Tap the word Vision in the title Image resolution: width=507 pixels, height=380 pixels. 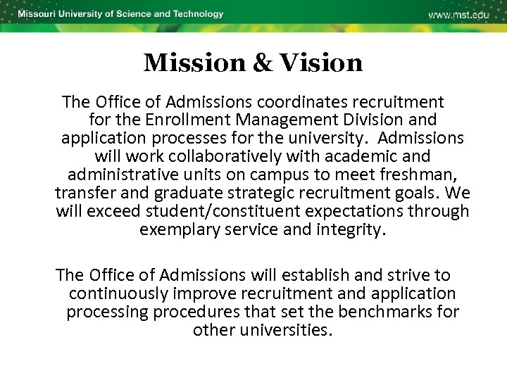pos(320,63)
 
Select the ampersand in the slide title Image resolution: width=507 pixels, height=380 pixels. pos(261,63)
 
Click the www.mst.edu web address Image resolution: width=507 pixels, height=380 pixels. pos(458,15)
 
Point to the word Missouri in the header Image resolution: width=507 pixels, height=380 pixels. pos(39,14)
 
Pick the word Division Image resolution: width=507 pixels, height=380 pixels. pos(357,120)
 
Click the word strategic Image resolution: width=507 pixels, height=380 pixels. pos(254,193)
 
